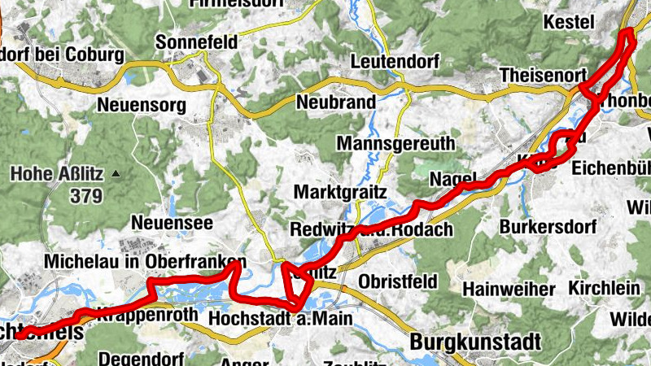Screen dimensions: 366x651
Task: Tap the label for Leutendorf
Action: point(395,61)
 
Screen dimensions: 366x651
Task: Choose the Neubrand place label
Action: point(336,102)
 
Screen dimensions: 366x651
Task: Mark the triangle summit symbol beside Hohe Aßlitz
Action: point(116,173)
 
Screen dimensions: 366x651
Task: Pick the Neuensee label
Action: point(159,222)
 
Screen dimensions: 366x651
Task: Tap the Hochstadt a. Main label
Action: point(281,318)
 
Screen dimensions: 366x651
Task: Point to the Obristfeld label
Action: point(398,281)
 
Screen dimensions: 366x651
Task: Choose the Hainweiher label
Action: point(509,289)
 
